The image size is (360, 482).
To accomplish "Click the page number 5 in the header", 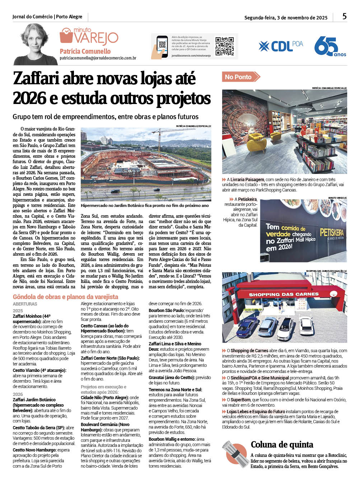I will coord(344,16).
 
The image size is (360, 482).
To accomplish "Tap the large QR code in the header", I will coord(224,46).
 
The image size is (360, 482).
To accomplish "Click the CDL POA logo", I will coord(281,46).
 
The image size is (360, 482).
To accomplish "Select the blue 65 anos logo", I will coord(329,47).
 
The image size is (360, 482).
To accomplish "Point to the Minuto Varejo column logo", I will coord(89,37).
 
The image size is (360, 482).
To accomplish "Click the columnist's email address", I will coord(98,58).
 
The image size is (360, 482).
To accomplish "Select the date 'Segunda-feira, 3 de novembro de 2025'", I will coord(286,18).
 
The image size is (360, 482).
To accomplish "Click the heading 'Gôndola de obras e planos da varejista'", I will coord(65,297).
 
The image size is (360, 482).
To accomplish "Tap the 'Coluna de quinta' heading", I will coord(282,445).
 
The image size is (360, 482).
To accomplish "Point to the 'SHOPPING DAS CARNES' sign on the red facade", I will coord(284,294).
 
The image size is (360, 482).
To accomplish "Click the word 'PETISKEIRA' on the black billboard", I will coord(332,233).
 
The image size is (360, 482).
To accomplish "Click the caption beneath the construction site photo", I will coord(145,205).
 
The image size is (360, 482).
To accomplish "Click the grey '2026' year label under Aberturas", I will coord(18,394).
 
